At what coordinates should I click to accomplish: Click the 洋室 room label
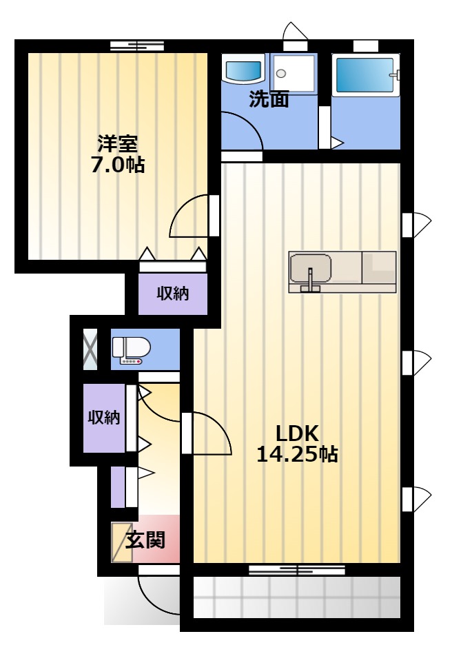tap(117, 144)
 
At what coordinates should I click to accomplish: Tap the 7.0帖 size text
tap(118, 165)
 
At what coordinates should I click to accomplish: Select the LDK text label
tap(297, 433)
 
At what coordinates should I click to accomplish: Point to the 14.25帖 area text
tap(297, 455)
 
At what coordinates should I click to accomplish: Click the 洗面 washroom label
tap(269, 99)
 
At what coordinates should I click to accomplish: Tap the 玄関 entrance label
tap(145, 540)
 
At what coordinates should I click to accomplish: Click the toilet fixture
tap(132, 351)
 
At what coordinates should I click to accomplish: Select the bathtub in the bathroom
tap(365, 75)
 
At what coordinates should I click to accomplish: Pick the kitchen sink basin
tap(310, 269)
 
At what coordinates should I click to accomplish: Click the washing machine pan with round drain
tap(294, 74)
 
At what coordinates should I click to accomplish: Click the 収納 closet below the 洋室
tap(173, 294)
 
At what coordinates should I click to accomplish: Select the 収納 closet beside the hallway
tap(105, 418)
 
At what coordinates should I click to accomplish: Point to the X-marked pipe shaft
tap(90, 349)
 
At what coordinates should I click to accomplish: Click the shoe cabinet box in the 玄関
tap(122, 542)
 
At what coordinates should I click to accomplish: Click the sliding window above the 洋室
tap(137, 45)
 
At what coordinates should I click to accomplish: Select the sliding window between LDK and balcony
tap(297, 570)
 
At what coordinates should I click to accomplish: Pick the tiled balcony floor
tap(296, 597)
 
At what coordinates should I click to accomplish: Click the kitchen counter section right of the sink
tap(379, 267)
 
